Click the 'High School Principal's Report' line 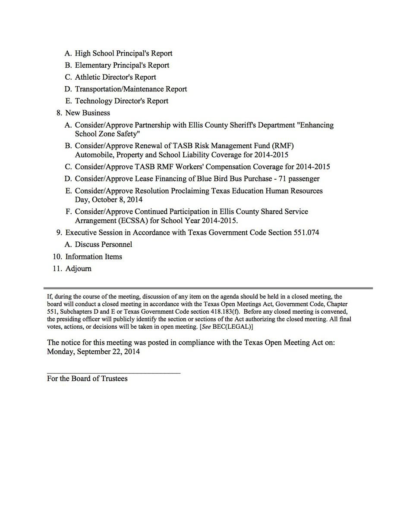[x=123, y=53]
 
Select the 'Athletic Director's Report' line [x=115, y=77]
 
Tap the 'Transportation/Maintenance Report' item [x=131, y=89]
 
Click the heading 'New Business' [x=88, y=113]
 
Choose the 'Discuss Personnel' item [x=104, y=244]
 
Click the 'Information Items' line [x=94, y=256]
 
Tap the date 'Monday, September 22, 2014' [x=93, y=352]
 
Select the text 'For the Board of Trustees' [x=87, y=379]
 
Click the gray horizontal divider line [x=208, y=288]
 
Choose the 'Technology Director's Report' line [x=122, y=101]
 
